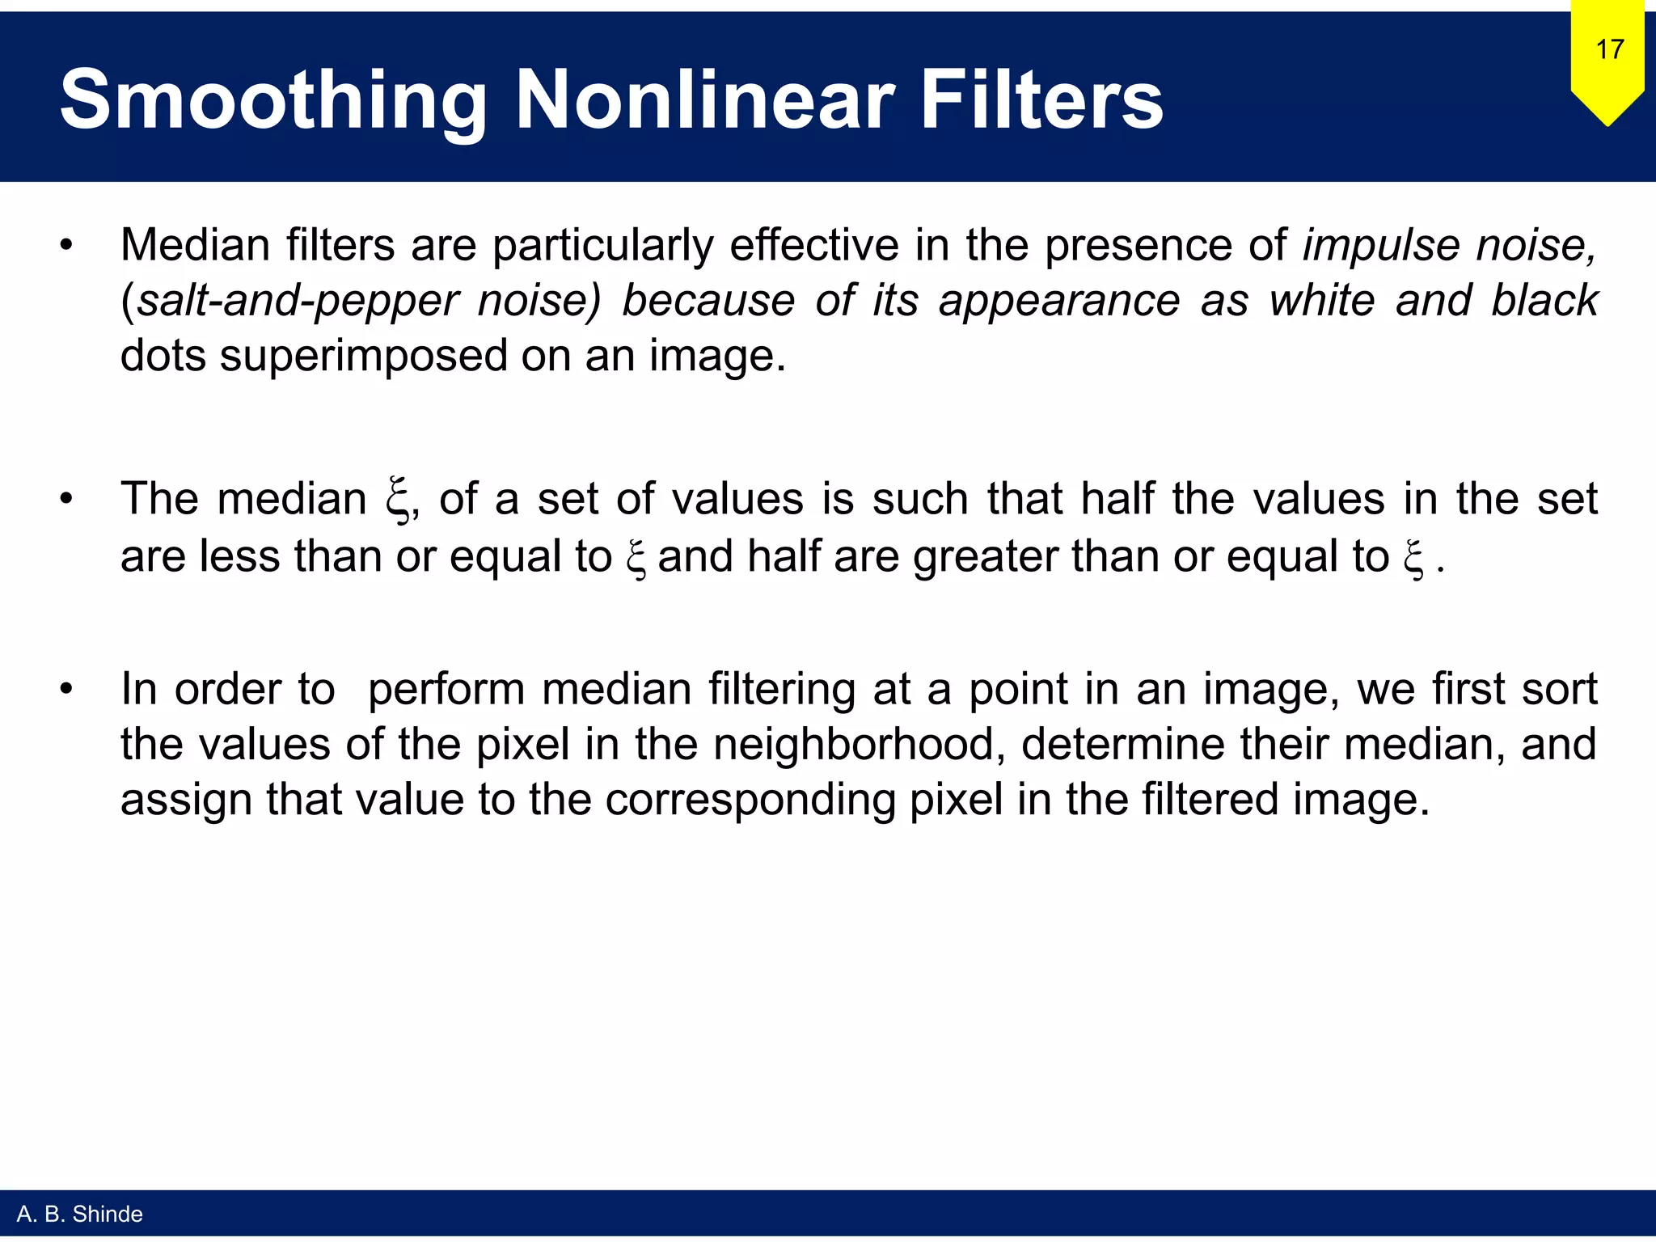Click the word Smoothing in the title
273,100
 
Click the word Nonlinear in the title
704,100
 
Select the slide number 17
1609,50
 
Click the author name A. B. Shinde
79,1214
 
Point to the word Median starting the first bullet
195,245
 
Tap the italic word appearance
1059,302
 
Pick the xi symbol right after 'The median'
397,501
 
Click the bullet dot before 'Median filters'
66,245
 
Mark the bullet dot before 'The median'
66,499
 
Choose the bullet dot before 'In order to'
66,690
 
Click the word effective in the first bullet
814,245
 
